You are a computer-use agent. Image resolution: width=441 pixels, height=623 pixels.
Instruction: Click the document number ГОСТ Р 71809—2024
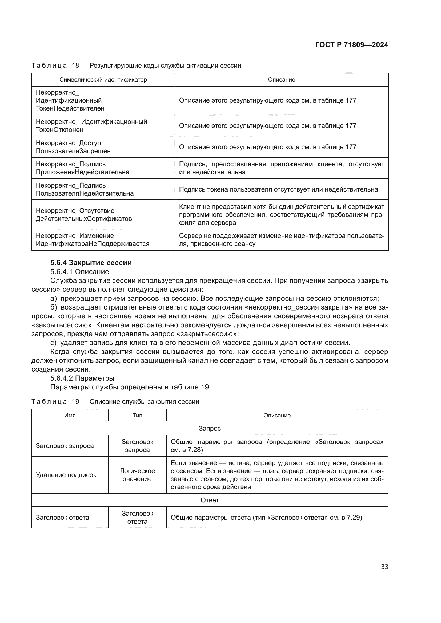click(351, 45)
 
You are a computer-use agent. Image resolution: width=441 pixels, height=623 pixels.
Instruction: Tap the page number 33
click(384, 567)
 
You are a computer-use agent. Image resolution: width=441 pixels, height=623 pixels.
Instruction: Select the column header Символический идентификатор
click(103, 79)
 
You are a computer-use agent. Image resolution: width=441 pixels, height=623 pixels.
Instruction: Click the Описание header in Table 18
click(281, 79)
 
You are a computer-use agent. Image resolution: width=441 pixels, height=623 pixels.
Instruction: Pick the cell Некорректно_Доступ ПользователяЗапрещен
click(73, 147)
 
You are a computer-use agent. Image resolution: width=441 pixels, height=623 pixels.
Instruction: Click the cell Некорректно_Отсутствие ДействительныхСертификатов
click(84, 214)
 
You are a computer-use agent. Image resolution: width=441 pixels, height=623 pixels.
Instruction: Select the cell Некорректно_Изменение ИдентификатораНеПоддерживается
click(92, 240)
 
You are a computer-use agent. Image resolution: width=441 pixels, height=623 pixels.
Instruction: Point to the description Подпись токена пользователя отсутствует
click(278, 189)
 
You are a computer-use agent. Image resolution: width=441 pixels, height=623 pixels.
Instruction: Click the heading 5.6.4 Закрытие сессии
click(91, 263)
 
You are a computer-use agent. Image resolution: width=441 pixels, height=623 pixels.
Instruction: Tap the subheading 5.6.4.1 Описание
click(79, 272)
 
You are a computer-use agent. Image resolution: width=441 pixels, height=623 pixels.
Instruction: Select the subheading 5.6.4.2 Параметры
click(82, 378)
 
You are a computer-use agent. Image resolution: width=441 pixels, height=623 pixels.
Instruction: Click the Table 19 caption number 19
click(75, 402)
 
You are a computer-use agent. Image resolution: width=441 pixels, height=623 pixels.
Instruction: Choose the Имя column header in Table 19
click(70, 416)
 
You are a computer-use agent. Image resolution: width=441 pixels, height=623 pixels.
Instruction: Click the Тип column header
click(137, 416)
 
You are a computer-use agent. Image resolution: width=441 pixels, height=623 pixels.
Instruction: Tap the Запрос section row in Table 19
click(209, 429)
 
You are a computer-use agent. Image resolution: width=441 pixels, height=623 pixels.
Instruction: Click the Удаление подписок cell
click(66, 475)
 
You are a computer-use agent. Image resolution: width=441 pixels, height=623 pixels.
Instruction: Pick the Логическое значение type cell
click(137, 475)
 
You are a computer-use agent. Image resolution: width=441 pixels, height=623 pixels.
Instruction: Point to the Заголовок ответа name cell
click(62, 518)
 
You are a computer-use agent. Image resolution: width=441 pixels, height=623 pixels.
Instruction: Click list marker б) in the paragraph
click(54, 307)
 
